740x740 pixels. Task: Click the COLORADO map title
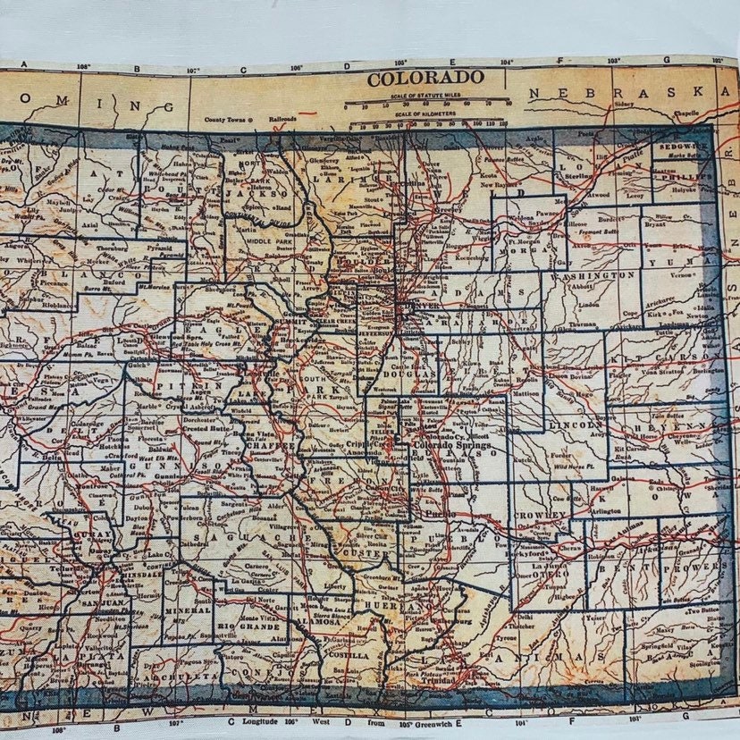click(x=425, y=77)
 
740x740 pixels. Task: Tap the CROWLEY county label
click(x=540, y=516)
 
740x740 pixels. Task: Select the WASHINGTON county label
click(x=601, y=276)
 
